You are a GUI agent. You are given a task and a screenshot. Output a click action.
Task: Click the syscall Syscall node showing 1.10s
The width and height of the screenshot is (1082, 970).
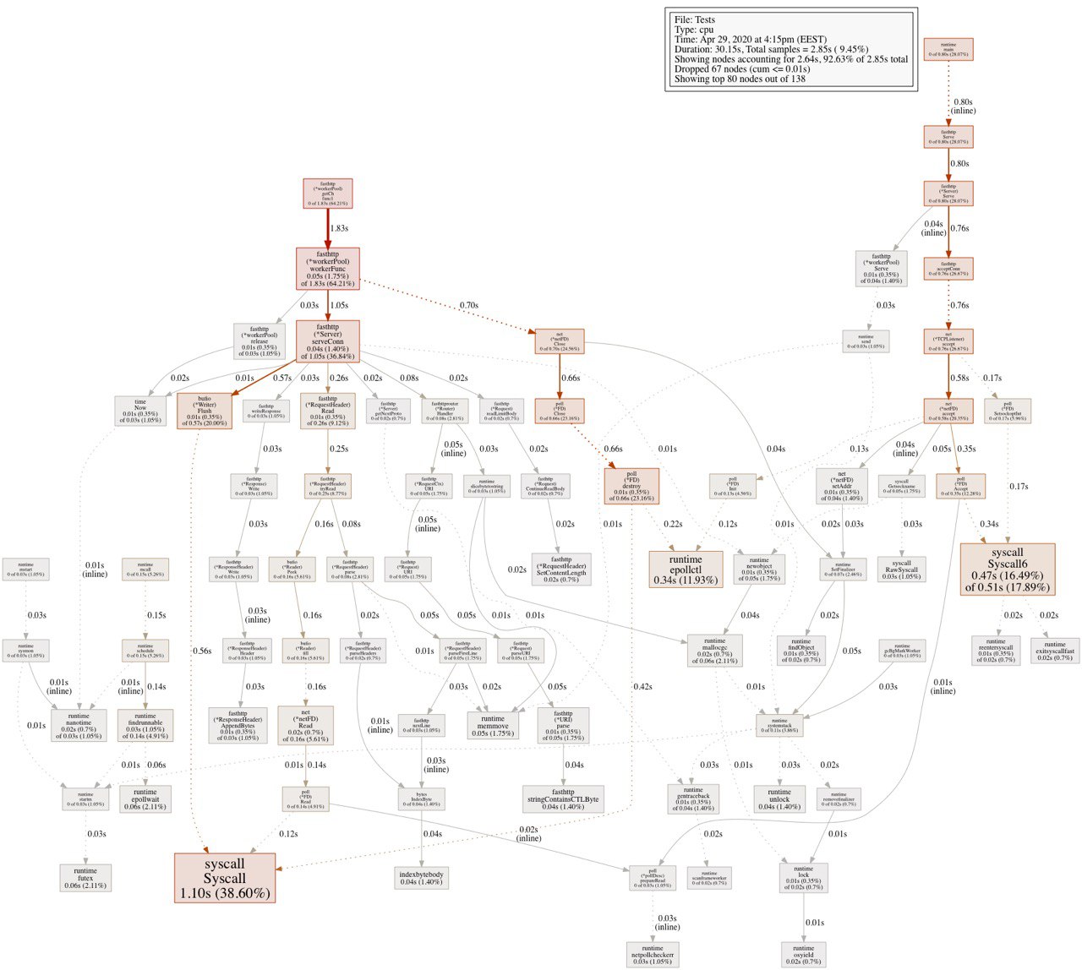point(225,878)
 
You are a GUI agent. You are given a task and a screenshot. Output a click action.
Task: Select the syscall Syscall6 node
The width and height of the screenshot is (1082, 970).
point(1008,569)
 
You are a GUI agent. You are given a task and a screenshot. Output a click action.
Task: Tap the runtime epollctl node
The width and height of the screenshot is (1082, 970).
point(686,569)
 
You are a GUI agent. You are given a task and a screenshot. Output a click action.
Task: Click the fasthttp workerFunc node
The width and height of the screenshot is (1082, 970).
point(328,269)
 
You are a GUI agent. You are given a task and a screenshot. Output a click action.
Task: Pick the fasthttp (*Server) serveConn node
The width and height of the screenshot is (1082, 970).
point(328,341)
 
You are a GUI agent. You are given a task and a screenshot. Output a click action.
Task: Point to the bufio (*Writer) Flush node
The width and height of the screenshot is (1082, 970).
point(205,411)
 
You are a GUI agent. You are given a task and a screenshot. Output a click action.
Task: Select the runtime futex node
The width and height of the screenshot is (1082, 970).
point(85,876)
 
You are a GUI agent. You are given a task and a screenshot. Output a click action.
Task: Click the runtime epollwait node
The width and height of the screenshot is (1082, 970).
point(145,799)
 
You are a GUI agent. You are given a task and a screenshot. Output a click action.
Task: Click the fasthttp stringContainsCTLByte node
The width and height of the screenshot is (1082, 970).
point(563,798)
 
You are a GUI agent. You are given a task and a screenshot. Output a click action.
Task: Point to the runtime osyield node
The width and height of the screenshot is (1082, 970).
point(803,954)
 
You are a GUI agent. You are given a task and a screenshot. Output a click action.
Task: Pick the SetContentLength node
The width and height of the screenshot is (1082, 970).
point(562,569)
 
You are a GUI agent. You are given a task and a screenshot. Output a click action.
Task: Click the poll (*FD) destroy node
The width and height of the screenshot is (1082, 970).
point(631,486)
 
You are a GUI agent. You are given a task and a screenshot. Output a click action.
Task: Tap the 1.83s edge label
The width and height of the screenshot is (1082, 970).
point(339,228)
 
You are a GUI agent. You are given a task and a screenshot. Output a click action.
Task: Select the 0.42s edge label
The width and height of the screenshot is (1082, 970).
point(642,686)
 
